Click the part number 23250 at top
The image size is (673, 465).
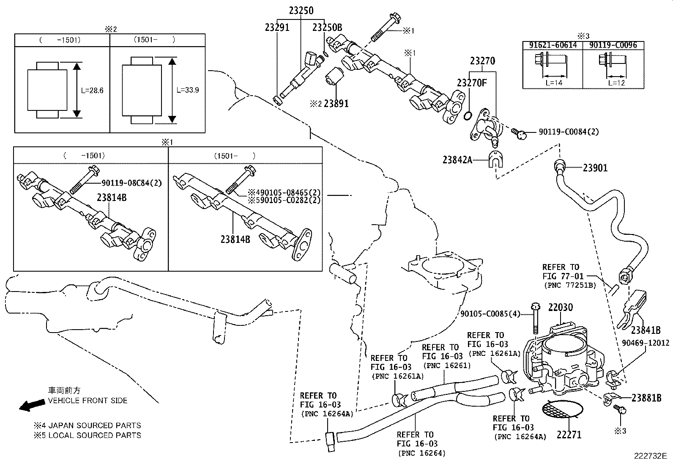click(301, 11)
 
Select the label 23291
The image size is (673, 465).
click(277, 28)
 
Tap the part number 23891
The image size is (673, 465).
click(336, 104)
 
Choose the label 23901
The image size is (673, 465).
click(595, 168)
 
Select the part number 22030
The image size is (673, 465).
click(561, 308)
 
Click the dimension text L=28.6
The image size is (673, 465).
click(92, 91)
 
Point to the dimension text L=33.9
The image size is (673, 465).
click(188, 90)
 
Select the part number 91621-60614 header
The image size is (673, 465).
click(553, 45)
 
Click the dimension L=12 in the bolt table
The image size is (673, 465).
click(616, 83)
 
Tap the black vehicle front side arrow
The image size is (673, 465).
click(32, 405)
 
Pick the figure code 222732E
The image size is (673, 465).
click(650, 456)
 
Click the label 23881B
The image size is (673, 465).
click(646, 398)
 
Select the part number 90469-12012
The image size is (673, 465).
click(646, 343)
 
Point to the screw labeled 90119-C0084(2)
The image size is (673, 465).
click(519, 134)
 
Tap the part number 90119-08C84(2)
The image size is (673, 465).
click(131, 183)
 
